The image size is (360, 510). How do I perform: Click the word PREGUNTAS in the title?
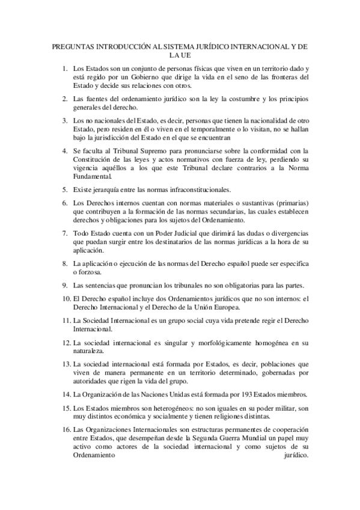70,46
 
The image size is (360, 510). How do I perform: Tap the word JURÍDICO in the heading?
207,46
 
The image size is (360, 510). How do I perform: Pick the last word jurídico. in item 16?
295,455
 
